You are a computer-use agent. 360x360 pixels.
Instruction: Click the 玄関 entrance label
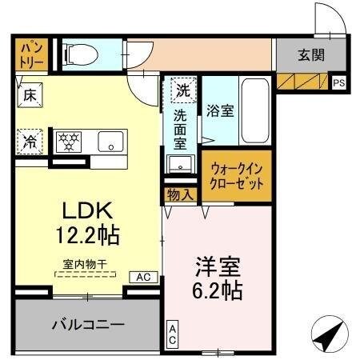click(x=311, y=55)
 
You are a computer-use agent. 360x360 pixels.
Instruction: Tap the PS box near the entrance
click(x=339, y=82)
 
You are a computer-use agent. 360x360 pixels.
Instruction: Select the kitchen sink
click(x=108, y=142)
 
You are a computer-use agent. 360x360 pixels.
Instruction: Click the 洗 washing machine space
click(x=183, y=90)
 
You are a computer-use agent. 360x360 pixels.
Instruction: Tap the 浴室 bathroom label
click(x=220, y=110)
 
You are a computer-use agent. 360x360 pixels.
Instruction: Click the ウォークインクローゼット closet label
click(x=237, y=175)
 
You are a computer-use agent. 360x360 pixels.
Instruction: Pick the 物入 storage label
click(x=180, y=194)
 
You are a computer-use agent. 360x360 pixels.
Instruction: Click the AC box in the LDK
click(x=143, y=276)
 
